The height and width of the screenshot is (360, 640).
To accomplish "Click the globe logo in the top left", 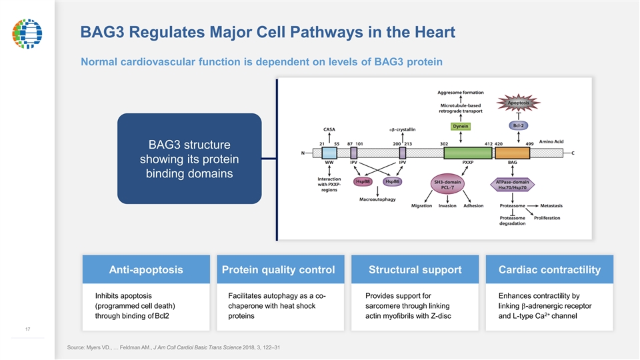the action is click(27, 33).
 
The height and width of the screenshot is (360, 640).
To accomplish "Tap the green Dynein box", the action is click(461, 127).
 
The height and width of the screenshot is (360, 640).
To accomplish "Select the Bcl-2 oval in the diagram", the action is click(519, 126).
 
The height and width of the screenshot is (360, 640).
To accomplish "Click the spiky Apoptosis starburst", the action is click(519, 103).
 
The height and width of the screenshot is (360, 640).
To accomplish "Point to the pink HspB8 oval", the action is click(363, 181).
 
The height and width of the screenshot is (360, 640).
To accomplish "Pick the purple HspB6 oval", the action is click(393, 181).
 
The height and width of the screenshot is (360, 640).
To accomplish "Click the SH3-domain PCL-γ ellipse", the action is click(447, 185).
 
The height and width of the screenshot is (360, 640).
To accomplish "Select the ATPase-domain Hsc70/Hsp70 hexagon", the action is click(512, 185).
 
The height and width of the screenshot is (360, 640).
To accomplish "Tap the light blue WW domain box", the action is click(329, 153).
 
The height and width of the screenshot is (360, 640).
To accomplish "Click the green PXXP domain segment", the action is click(468, 153).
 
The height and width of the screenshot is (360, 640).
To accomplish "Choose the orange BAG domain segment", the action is click(512, 153).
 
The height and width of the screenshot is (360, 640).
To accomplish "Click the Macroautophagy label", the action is click(377, 199).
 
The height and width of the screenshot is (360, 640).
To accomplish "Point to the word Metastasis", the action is click(551, 206).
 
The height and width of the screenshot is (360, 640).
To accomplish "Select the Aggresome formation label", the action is click(461, 93).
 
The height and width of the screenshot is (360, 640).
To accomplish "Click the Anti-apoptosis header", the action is click(146, 269).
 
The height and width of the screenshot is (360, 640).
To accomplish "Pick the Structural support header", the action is click(415, 269).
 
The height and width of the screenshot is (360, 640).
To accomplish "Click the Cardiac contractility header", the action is click(549, 269).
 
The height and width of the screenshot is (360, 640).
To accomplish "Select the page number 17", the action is click(28, 329).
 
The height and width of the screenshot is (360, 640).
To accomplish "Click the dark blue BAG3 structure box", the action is click(189, 159).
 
